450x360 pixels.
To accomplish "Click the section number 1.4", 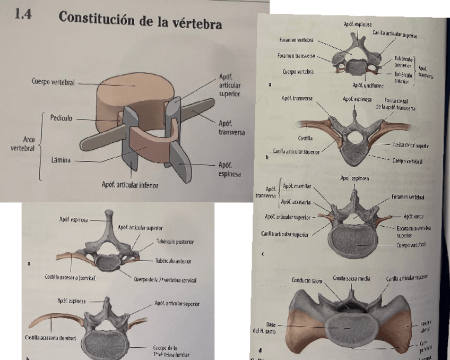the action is point(24,15).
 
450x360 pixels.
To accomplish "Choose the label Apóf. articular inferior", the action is point(129,185).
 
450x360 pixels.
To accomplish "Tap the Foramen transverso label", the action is point(296,55).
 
